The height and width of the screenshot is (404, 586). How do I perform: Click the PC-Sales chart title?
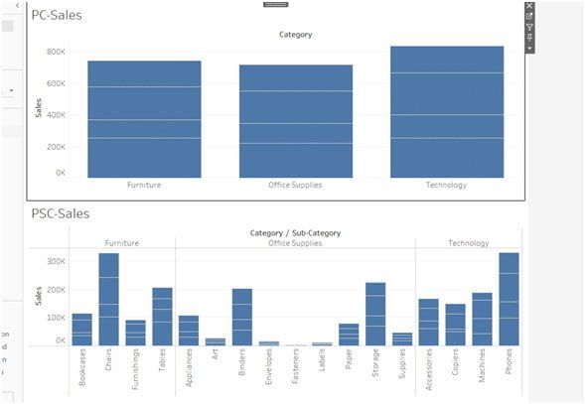coord(57,15)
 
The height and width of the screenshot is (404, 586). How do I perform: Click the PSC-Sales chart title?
coord(61,213)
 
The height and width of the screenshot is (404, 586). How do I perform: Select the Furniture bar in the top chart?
coord(144,119)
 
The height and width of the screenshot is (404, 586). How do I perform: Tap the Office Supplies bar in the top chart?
coord(295,121)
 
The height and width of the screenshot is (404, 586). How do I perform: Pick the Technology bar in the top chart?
coord(446,111)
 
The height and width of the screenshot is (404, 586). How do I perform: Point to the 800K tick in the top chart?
coord(55,52)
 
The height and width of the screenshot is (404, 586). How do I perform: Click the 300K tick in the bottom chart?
coord(55,261)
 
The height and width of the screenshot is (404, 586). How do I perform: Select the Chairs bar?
coord(108,299)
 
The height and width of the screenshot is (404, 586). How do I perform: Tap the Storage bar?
coord(374,314)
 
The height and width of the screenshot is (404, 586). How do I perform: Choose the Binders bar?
coord(241,317)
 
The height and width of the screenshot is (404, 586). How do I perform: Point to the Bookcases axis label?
coord(82,373)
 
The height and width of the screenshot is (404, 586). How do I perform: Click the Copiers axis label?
coord(456,374)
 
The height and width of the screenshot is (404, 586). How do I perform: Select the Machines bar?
coord(482,319)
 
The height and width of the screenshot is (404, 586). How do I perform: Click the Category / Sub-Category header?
coord(295,233)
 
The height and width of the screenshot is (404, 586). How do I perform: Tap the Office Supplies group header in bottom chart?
coord(295,243)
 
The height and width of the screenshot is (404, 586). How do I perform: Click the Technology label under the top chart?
coord(446,185)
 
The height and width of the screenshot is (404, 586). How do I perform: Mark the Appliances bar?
coord(189,330)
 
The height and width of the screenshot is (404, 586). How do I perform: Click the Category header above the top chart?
coord(295,35)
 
